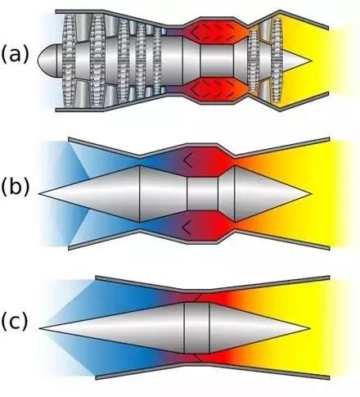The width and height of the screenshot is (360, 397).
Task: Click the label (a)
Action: tap(16, 55)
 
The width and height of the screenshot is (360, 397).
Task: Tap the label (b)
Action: tap(16, 188)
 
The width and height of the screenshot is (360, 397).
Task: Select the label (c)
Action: tap(15, 321)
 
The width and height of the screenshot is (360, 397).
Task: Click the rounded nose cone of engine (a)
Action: tap(47, 61)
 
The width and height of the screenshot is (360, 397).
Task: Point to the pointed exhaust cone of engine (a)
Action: tap(296, 61)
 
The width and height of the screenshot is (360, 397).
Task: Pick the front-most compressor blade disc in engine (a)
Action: tap(69, 61)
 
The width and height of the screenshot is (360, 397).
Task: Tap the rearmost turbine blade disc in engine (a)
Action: tap(277, 61)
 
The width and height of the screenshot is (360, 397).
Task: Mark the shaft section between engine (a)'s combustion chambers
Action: tap(217, 61)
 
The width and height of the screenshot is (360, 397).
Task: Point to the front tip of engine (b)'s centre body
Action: tap(39, 194)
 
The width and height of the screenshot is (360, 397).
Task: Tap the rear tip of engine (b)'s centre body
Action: tap(310, 194)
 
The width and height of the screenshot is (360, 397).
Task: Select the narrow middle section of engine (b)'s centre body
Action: tap(202, 194)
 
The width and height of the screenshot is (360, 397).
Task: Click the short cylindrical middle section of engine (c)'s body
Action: tap(196, 327)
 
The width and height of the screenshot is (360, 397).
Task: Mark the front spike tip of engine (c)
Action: tap(39, 328)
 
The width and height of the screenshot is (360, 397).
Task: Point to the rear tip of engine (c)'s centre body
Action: tap(310, 328)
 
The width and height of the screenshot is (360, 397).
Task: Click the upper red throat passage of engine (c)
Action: tap(199, 297)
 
